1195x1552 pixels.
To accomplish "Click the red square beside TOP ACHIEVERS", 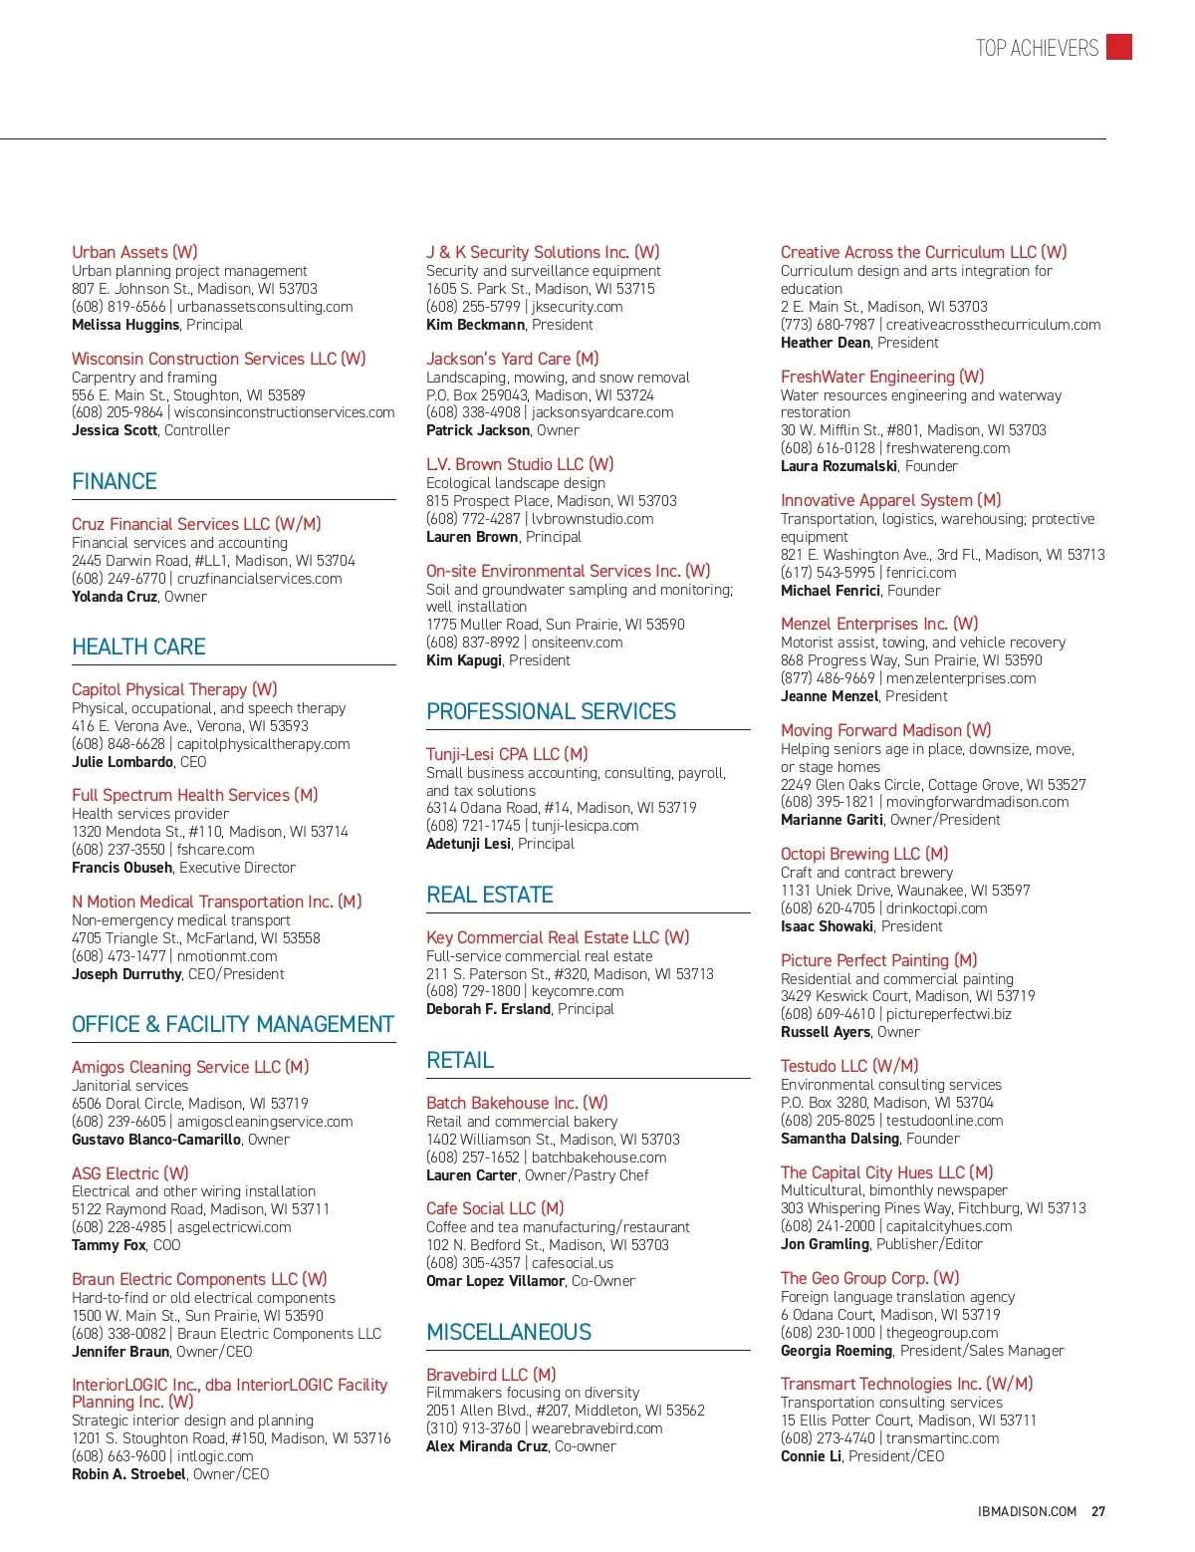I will point(1119,47).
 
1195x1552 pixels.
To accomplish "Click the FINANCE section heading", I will point(115,482).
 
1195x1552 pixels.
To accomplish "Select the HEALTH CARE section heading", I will point(138,647).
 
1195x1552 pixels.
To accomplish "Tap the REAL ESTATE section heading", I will point(489,896).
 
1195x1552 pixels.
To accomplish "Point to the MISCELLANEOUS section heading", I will point(509,1333).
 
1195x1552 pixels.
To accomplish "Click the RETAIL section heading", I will point(460,1061).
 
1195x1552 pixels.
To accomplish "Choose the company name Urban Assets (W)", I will point(134,252).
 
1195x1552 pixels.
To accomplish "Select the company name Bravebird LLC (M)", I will point(491,1375).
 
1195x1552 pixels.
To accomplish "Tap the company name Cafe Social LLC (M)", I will point(495,1208).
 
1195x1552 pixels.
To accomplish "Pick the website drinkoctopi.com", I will point(937,908).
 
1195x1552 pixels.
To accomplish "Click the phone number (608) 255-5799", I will point(473,307).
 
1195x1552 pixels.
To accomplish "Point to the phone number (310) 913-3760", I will point(473,1428).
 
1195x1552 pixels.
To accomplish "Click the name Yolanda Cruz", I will point(115,597).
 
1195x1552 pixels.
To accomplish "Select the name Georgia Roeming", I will point(836,1351).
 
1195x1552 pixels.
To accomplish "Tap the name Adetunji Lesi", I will point(468,844).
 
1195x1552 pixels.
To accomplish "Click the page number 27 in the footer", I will point(1098,1511).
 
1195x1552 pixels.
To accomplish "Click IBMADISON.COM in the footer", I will point(1028,1511).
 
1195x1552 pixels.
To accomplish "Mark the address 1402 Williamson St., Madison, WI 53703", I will point(553,1140).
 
